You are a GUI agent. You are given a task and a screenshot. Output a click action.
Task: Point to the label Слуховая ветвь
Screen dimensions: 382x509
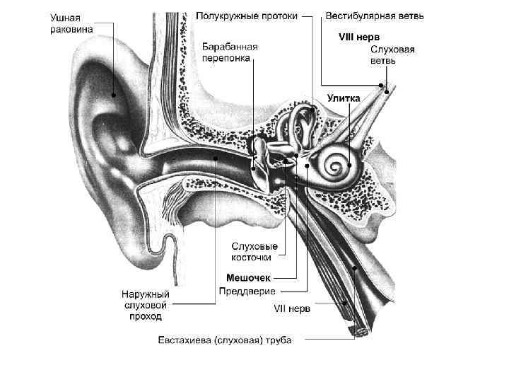coord(392,55)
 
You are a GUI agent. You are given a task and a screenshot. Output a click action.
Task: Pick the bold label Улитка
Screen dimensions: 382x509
coord(344,98)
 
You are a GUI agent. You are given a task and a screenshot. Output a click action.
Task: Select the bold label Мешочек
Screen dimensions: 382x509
coord(248,277)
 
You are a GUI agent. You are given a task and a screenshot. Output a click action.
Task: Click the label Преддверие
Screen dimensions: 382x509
coord(247,291)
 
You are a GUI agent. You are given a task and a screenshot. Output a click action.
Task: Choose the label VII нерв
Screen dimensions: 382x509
coord(292,308)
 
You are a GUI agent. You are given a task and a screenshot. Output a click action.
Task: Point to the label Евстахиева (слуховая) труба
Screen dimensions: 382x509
coord(224,340)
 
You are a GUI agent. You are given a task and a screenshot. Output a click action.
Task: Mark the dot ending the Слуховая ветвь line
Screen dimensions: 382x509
coord(387,91)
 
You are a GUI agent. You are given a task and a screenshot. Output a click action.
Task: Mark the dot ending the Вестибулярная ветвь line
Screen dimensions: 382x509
coord(381,86)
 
